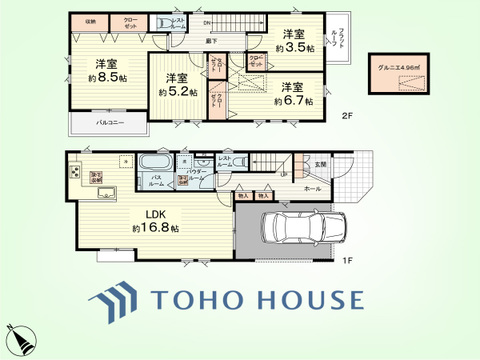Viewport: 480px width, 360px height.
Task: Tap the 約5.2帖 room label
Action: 178,85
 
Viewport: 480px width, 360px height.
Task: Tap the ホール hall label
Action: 313,188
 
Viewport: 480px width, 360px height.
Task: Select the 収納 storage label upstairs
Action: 91,21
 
